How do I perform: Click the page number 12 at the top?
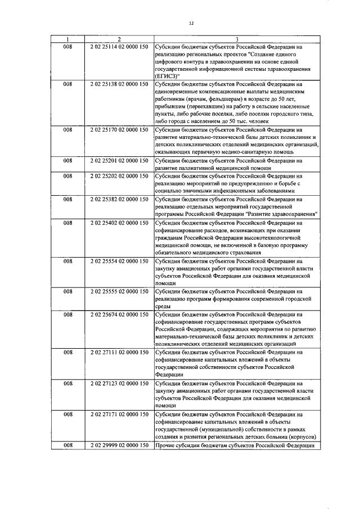(191, 23)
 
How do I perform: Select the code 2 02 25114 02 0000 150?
(119, 47)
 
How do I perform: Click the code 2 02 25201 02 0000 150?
(119, 160)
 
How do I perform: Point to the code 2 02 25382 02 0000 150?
(119, 199)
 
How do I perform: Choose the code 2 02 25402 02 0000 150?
(119, 222)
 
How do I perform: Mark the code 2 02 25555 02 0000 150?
(119, 291)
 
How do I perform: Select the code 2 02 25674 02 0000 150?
(119, 314)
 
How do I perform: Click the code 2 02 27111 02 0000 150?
(119, 353)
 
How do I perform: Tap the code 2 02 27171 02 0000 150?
(119, 415)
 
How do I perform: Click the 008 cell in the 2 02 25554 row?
(67, 260)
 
